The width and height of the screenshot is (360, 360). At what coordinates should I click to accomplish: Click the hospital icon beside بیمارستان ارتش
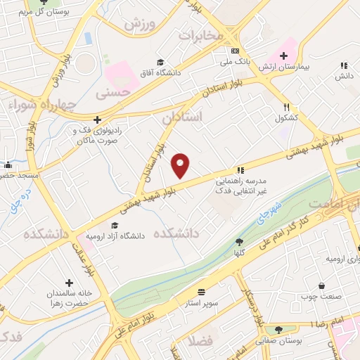point(283,56)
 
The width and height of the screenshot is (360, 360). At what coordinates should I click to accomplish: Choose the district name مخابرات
point(200,34)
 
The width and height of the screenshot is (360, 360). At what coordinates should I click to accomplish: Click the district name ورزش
point(139,24)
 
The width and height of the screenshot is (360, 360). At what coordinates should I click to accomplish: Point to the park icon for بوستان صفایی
point(278,330)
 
